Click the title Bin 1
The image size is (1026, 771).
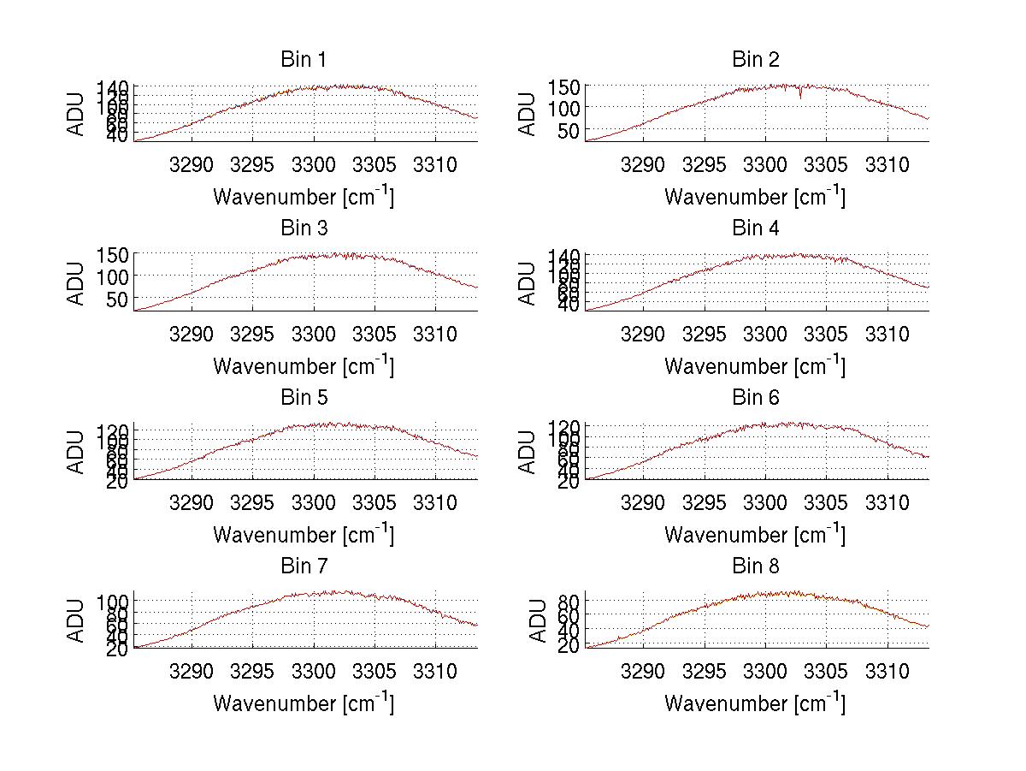(304, 60)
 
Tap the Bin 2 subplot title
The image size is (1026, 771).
(755, 60)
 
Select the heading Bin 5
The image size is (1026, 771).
(304, 398)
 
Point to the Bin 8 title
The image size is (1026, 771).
(755, 566)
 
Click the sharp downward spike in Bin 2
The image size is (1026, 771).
(800, 96)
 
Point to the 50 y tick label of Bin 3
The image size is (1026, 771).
(118, 299)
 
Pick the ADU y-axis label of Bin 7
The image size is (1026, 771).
(77, 620)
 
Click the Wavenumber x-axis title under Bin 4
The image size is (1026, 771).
(755, 365)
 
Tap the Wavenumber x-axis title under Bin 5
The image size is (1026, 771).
(304, 534)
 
